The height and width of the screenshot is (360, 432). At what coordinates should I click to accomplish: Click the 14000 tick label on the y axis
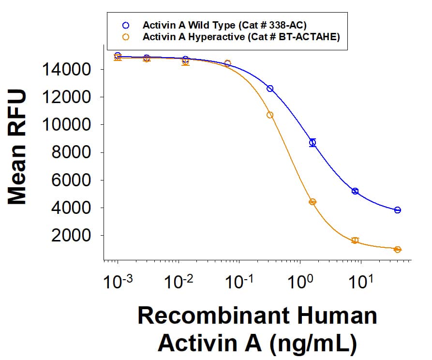(x=66, y=70)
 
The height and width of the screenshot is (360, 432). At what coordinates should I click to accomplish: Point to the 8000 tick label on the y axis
(x=72, y=153)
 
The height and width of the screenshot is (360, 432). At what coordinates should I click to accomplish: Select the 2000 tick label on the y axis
(x=72, y=236)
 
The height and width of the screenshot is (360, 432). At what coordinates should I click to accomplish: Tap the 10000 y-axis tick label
(x=66, y=125)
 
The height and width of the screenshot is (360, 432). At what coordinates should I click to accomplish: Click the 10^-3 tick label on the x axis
(x=117, y=282)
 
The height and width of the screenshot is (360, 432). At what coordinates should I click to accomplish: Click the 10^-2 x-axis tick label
(x=178, y=282)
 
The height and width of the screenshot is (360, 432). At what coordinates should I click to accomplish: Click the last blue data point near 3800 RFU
(x=398, y=210)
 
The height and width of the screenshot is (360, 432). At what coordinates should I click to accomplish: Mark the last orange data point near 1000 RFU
(x=398, y=250)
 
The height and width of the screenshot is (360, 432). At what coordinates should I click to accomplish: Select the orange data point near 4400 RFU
(x=313, y=202)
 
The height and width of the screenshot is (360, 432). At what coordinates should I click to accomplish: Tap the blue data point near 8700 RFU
(x=313, y=142)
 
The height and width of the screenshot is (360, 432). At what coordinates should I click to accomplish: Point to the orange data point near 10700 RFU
(x=270, y=115)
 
